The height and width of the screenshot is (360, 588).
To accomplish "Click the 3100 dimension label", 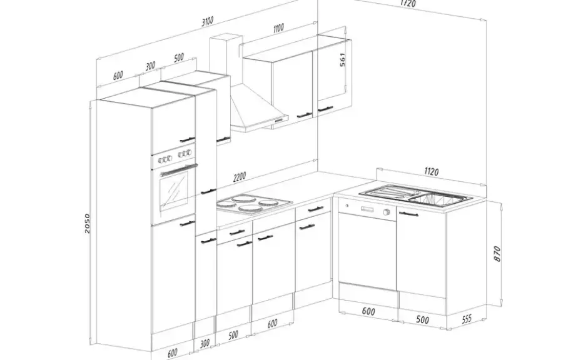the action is click(208, 21).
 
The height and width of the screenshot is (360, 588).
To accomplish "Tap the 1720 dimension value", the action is click(408, 3).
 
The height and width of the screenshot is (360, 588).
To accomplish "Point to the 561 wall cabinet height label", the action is click(343, 60).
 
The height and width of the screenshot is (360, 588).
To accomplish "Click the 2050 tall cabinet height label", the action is click(87, 224).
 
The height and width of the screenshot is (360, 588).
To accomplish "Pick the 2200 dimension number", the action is click(239, 176).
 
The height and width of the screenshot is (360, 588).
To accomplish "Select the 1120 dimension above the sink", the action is click(431, 172).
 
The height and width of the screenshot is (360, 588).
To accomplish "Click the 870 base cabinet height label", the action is click(497, 254).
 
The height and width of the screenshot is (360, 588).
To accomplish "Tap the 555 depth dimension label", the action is click(467, 319).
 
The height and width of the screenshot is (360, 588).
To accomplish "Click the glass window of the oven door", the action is click(174, 192).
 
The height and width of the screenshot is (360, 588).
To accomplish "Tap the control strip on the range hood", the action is click(279, 121).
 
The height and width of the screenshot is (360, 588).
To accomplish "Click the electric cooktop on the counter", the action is click(254, 205).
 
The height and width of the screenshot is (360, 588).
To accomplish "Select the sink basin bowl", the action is click(437, 198).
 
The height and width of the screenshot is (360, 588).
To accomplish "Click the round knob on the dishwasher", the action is click(386, 212).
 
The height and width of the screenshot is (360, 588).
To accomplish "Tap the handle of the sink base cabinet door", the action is click(408, 214).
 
